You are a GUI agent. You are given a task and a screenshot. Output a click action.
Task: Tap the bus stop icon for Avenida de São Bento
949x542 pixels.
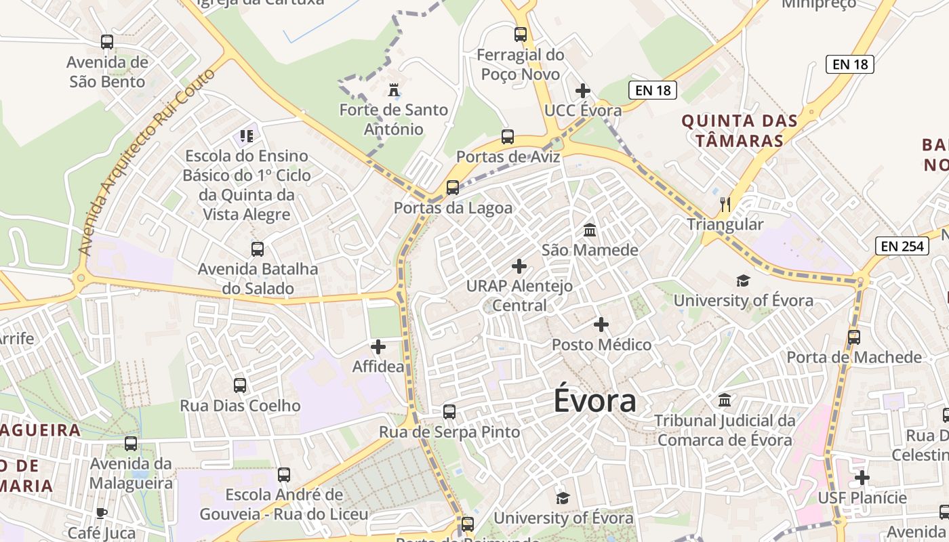click(x=107, y=42)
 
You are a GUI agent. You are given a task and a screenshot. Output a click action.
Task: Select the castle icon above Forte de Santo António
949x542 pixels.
click(x=393, y=90)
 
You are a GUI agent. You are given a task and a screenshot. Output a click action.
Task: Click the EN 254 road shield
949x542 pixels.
click(x=904, y=246)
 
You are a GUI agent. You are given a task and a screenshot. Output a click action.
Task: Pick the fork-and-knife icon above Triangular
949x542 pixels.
click(x=725, y=204)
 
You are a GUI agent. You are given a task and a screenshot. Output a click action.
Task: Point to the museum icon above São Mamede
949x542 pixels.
click(x=590, y=230)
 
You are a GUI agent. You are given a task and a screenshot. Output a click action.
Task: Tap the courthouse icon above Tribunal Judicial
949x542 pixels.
click(x=725, y=400)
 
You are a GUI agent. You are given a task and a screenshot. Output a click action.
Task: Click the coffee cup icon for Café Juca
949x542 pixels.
click(x=102, y=513)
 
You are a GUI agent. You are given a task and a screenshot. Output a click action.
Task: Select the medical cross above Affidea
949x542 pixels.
click(x=378, y=348)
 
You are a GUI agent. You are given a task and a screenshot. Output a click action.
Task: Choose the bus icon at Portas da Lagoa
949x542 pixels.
click(x=453, y=188)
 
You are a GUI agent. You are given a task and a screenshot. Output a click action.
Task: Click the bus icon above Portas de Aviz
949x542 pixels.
click(x=508, y=137)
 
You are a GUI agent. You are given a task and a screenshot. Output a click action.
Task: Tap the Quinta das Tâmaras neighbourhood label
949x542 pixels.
click(x=739, y=131)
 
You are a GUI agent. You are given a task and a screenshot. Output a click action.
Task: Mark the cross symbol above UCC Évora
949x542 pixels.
click(x=583, y=91)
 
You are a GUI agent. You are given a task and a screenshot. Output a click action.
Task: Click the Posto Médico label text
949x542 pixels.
click(x=601, y=345)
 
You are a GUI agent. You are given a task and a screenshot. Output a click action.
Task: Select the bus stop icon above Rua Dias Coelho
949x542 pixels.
click(x=240, y=385)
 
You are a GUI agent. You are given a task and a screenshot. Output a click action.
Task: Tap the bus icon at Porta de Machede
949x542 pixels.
click(x=854, y=337)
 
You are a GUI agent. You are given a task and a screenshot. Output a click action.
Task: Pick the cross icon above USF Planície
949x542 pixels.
click(x=862, y=478)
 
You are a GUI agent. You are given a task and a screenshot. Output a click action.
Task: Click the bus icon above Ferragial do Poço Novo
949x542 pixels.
click(x=521, y=35)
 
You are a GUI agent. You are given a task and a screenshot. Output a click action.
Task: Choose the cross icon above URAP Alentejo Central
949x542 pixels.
click(x=519, y=266)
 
